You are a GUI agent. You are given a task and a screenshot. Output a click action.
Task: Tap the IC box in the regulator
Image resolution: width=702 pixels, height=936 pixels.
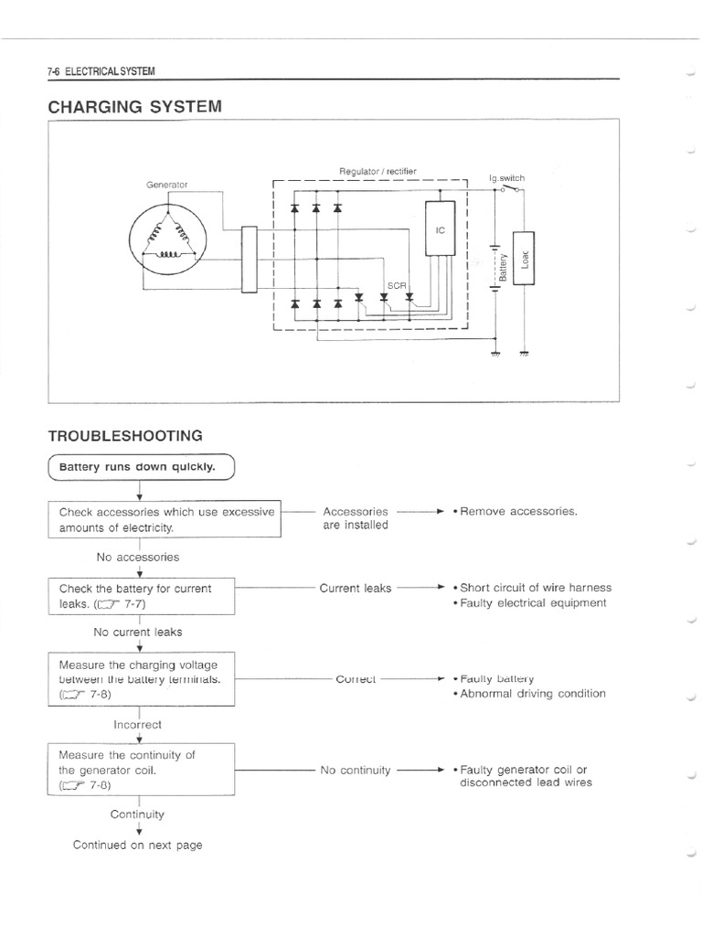[x=440, y=229]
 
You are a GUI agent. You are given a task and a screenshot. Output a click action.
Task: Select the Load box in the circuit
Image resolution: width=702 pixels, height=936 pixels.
[x=524, y=257]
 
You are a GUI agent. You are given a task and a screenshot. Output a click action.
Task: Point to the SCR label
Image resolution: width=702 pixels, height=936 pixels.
[x=396, y=285]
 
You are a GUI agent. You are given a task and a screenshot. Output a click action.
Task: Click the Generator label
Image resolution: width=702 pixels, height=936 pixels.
[x=166, y=185]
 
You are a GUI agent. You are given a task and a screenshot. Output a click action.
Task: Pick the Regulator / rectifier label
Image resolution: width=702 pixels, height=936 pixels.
[x=378, y=171]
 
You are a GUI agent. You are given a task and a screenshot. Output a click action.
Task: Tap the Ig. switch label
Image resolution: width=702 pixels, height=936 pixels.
[x=507, y=178]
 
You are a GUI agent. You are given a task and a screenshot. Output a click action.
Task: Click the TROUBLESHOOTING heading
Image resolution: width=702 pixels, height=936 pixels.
[x=125, y=435]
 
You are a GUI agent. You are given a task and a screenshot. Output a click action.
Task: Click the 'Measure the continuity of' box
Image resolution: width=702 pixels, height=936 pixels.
[x=142, y=770]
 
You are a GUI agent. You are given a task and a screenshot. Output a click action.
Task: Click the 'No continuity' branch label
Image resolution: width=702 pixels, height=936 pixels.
[x=356, y=771]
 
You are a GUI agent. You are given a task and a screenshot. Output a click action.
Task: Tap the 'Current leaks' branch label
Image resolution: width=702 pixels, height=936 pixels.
[x=356, y=589]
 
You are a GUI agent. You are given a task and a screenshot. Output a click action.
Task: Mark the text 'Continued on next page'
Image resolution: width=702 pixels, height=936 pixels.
[x=138, y=845]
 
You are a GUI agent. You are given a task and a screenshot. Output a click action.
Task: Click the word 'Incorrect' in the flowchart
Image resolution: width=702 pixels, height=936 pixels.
[x=137, y=724]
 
